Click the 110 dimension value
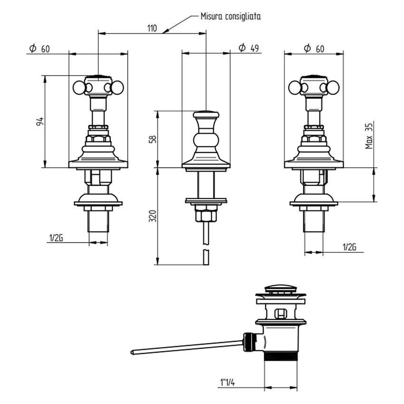tap(152, 28)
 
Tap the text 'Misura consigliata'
tap(231, 16)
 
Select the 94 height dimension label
tap(40, 122)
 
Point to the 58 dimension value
tap(153, 139)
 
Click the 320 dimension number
tap(153, 216)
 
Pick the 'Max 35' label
tap(369, 136)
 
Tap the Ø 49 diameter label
tap(249, 48)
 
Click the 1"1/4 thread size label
tap(228, 382)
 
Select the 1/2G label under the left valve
tap(56, 238)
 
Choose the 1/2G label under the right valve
tap(349, 247)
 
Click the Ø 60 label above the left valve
tap(39, 48)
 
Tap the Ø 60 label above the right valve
tap(314, 48)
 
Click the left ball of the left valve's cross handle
tap(79, 87)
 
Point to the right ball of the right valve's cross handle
tap(334, 87)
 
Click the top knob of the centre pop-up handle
tap(206, 114)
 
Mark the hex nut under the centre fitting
tap(206, 216)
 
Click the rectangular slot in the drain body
tap(280, 314)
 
